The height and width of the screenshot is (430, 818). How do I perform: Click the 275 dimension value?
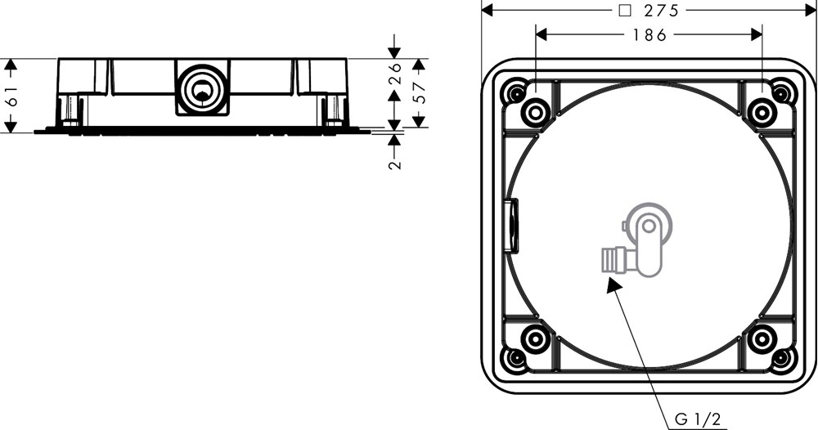pos(661,11)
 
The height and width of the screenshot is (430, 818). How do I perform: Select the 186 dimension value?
pos(649,35)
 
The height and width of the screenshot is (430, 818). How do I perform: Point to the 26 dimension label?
pos(395,74)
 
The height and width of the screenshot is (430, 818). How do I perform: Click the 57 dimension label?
pos(419,92)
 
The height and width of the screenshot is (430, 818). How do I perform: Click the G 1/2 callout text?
pos(698,419)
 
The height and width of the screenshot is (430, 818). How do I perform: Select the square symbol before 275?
pos(624,11)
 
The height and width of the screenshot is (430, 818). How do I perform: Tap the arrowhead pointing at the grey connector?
pos(613,285)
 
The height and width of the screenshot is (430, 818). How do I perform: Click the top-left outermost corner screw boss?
pos(515,93)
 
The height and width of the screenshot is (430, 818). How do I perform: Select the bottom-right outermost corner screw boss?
pos(780,359)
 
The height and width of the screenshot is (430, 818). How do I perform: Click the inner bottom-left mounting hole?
pos(535,339)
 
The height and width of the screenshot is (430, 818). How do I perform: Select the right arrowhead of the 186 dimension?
pos(757,35)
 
